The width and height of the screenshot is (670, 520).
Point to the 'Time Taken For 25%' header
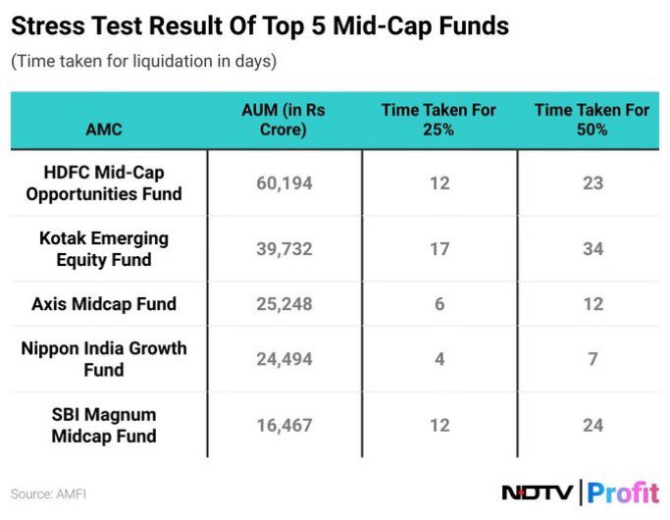(x=438, y=121)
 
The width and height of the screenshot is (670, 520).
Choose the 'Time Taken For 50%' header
(x=592, y=121)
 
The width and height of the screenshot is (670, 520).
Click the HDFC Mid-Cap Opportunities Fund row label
(x=104, y=183)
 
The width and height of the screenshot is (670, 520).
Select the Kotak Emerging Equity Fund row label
(x=104, y=249)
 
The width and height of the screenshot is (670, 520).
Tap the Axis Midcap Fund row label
(x=104, y=304)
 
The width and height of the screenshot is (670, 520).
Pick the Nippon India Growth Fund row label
(x=104, y=359)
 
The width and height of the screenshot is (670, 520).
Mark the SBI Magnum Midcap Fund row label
(x=104, y=425)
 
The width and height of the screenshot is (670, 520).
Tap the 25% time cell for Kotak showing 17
(x=438, y=249)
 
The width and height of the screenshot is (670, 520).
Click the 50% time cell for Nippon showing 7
(x=592, y=359)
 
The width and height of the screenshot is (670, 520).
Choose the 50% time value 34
(x=592, y=249)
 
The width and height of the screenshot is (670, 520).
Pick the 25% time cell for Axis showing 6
(x=438, y=304)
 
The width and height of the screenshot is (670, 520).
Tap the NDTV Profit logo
(x=579, y=493)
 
